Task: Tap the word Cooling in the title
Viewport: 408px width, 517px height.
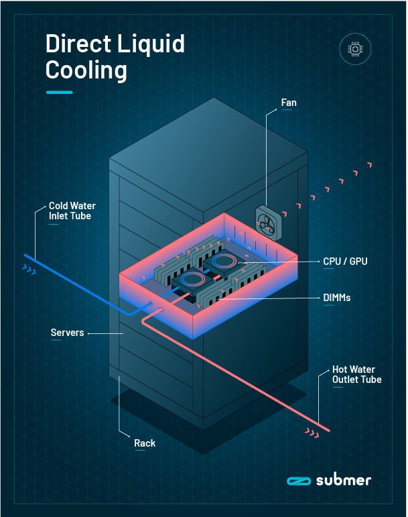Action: pyautogui.click(x=86, y=70)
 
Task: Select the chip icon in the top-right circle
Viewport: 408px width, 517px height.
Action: pyautogui.click(x=354, y=49)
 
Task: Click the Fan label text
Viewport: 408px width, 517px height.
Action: pyautogui.click(x=289, y=103)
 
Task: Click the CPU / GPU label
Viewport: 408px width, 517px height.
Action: pyautogui.click(x=346, y=261)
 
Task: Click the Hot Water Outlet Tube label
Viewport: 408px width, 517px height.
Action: pyautogui.click(x=356, y=375)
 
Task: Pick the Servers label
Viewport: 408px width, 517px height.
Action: pyautogui.click(x=68, y=333)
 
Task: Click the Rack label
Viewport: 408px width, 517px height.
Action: pyautogui.click(x=145, y=443)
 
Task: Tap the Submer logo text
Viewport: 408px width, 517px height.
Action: pyautogui.click(x=343, y=480)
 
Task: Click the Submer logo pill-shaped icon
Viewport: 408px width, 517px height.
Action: pyautogui.click(x=296, y=481)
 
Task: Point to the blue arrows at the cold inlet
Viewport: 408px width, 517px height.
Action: pyautogui.click(x=29, y=270)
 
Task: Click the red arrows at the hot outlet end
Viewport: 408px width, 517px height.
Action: pyautogui.click(x=312, y=433)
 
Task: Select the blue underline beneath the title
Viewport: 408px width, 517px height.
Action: pyautogui.click(x=59, y=91)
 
